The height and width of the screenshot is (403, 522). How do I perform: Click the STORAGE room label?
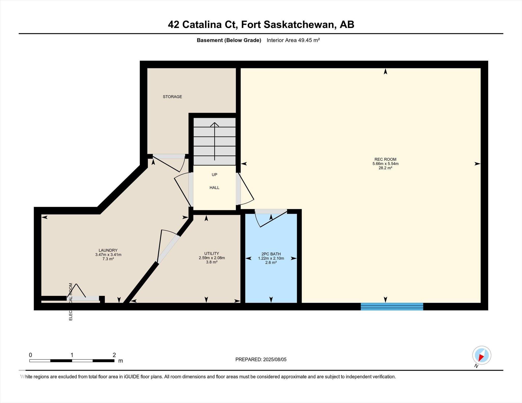[x=172, y=97]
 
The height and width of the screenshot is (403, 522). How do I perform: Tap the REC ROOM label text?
[x=385, y=159]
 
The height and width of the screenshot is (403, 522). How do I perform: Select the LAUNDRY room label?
[x=108, y=250]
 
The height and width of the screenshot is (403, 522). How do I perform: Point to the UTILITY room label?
[x=212, y=253]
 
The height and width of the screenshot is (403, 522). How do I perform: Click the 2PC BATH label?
[x=271, y=254]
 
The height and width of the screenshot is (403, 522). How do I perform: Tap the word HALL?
[x=214, y=188]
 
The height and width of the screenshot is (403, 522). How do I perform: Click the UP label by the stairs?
[x=214, y=175]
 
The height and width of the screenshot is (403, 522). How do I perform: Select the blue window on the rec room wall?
[x=392, y=307]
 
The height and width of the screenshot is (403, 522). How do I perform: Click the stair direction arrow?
[x=215, y=142]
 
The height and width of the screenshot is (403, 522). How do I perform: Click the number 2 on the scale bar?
[x=114, y=355]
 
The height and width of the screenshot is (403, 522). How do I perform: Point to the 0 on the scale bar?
[x=31, y=355]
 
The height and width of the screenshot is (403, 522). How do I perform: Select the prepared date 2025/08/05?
[x=275, y=359]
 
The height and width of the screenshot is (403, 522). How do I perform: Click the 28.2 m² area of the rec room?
[x=385, y=168]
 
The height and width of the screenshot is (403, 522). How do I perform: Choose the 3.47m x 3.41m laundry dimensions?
[x=108, y=255]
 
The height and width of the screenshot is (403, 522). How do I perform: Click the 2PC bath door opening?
[x=271, y=212]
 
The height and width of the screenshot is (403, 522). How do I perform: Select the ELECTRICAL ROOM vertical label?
[x=71, y=302]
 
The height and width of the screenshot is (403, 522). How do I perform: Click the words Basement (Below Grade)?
[x=229, y=40]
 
